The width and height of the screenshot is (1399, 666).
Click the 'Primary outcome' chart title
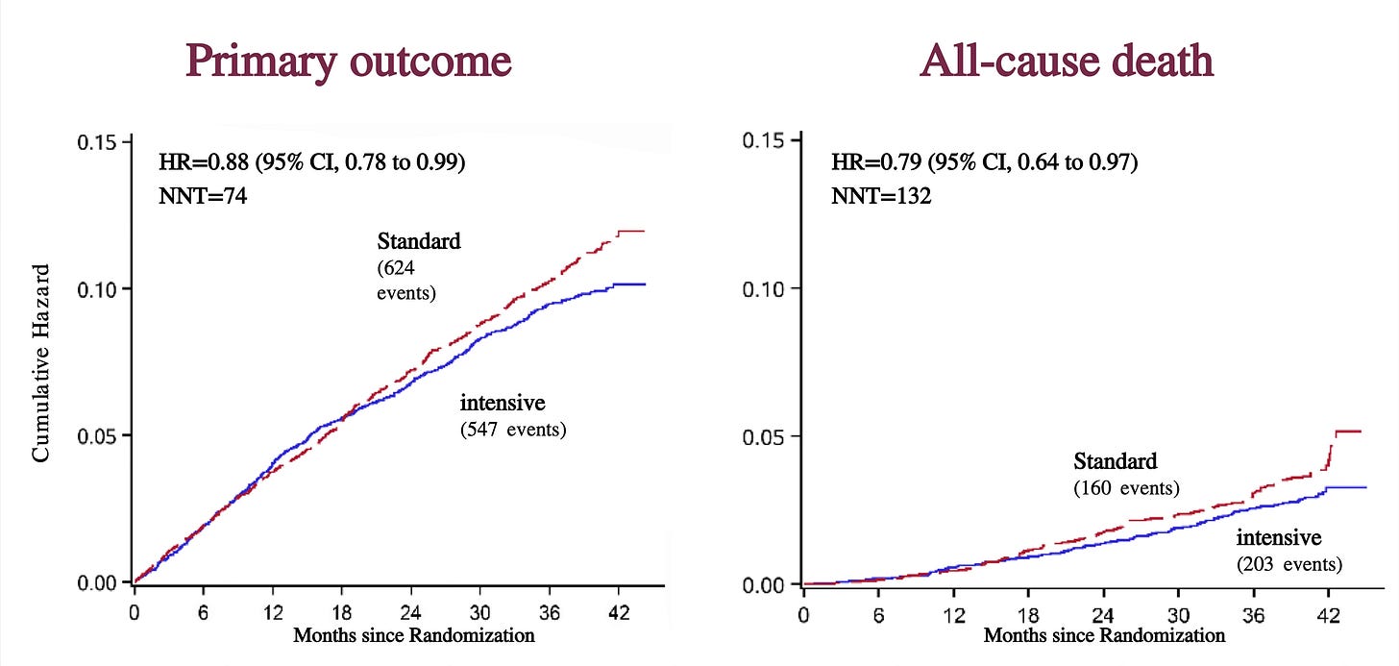(x=349, y=62)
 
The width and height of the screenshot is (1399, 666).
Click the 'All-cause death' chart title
(x=1067, y=61)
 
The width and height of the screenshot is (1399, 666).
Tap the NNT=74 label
(x=203, y=196)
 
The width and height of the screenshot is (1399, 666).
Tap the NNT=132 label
(x=880, y=196)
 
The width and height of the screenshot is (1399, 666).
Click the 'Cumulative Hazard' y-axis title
(x=40, y=363)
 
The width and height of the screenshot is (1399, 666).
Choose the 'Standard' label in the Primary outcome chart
(x=419, y=241)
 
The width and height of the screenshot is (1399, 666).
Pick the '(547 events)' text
(x=513, y=430)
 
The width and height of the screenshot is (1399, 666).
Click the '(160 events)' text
(x=1127, y=488)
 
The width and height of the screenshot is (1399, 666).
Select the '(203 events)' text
(x=1289, y=564)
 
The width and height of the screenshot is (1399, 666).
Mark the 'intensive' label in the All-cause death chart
(x=1279, y=537)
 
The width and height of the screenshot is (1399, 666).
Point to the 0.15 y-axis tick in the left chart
(x=97, y=142)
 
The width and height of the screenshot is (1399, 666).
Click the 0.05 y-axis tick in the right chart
(x=762, y=437)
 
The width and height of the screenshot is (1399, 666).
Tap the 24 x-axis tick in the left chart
(x=410, y=612)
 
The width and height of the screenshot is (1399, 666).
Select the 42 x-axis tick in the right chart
(x=1329, y=616)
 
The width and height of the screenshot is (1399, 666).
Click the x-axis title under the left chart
(x=414, y=635)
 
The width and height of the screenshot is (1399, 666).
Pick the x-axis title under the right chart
(x=1104, y=635)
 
